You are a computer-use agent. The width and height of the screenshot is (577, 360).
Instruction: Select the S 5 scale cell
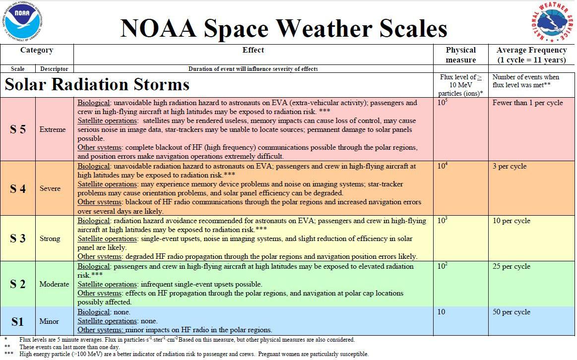click(18, 129)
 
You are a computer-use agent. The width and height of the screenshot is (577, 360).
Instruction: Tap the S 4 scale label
click(18, 188)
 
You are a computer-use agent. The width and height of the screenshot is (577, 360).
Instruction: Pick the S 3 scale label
click(18, 239)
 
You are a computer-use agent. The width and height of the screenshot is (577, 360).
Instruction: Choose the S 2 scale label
click(18, 284)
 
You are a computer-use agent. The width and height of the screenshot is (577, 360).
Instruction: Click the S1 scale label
click(18, 321)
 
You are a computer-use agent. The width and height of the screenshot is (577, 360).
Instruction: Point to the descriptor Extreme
click(53, 129)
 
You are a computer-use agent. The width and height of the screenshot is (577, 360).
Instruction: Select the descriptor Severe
click(50, 188)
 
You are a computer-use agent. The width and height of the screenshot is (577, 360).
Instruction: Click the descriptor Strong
click(50, 239)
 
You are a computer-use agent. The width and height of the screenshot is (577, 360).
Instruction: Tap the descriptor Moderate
click(54, 284)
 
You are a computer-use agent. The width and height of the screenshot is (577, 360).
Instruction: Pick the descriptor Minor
click(49, 321)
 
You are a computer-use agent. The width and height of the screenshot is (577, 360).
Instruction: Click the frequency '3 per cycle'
click(510, 167)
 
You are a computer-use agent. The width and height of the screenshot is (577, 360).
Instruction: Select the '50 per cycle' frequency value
click(512, 312)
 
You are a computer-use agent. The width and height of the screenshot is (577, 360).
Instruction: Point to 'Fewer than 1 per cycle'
click(527, 103)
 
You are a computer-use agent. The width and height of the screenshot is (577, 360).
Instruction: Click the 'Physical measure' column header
click(460, 55)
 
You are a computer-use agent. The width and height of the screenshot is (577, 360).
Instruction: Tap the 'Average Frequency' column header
click(531, 55)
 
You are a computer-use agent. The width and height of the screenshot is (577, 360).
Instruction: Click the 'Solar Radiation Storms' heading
click(97, 84)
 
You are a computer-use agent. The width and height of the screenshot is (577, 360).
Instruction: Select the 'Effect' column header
click(253, 50)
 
